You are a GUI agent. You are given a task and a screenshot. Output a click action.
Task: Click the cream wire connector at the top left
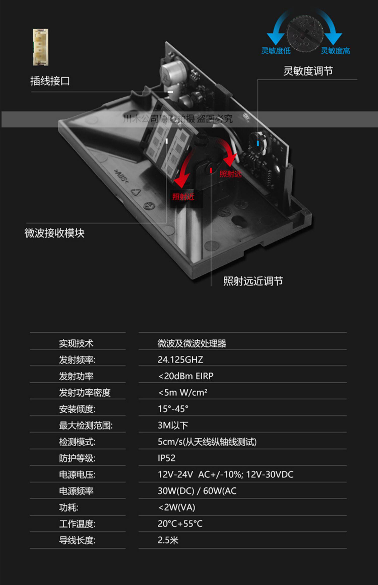[x=40, y=47]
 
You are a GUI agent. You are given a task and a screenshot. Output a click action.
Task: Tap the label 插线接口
[x=50, y=81]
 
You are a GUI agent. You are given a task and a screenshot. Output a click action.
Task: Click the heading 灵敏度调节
[x=308, y=71]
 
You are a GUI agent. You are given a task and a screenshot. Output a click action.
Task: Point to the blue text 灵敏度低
[x=276, y=51]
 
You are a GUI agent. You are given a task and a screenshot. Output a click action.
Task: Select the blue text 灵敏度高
[x=335, y=51]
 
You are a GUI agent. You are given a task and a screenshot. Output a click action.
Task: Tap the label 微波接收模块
[x=54, y=233]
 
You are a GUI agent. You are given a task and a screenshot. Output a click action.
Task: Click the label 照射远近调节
[x=253, y=281]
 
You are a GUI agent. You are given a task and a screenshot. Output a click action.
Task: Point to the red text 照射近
[x=183, y=197]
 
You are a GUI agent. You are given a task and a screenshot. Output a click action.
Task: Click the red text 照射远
[x=230, y=174]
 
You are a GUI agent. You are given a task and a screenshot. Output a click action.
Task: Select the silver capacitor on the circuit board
[x=174, y=73]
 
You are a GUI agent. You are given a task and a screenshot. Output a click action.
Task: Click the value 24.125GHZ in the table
[x=180, y=360]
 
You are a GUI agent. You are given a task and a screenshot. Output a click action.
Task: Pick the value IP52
[x=166, y=458]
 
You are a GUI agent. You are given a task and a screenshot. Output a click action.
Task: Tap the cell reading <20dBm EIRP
[x=186, y=376]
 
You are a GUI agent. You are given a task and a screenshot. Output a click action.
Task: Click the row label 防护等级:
[x=77, y=458]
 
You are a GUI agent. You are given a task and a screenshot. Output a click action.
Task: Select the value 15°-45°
[x=173, y=409]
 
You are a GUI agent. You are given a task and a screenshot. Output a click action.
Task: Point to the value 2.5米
[x=168, y=540]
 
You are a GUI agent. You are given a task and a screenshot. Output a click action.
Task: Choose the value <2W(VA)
[x=176, y=507]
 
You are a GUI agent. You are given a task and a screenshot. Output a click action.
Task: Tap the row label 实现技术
[x=76, y=343]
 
